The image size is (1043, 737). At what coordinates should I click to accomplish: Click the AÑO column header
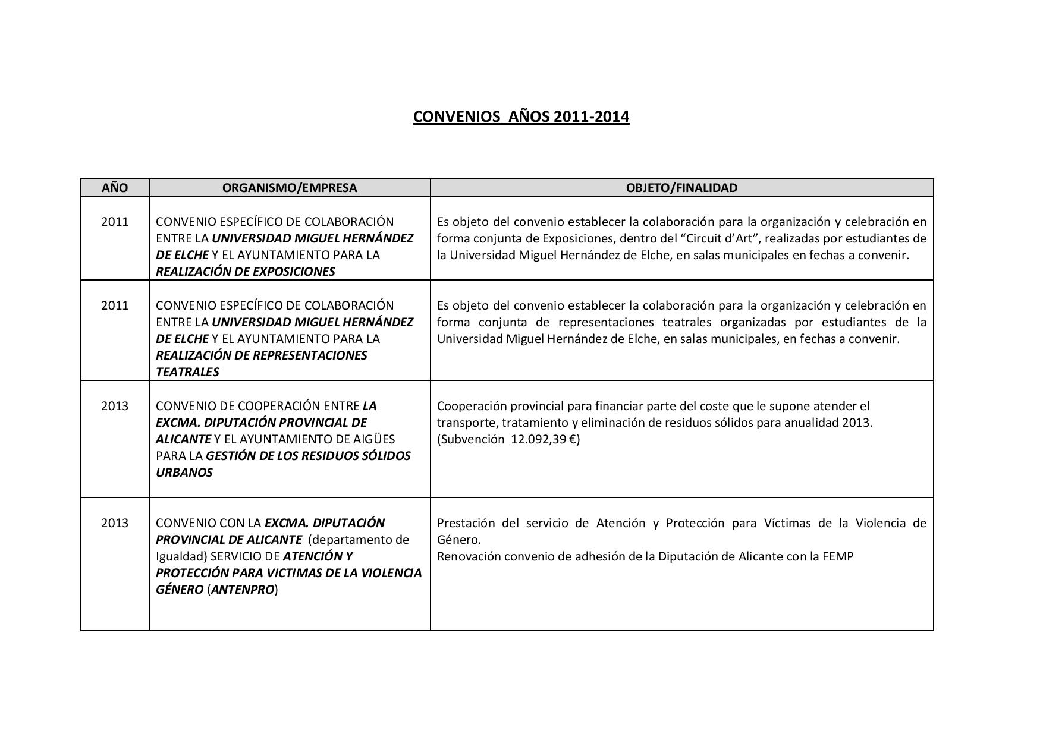pos(115,188)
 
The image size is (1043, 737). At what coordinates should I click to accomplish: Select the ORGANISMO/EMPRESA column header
pos(290,188)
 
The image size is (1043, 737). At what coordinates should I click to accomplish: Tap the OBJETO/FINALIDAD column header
pos(681,188)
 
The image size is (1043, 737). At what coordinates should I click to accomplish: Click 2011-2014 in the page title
pos(591,116)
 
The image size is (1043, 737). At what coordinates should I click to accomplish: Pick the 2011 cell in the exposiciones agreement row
pos(115,222)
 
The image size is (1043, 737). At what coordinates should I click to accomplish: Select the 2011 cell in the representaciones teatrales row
pos(115,305)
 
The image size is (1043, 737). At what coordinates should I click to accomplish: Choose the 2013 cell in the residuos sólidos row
pos(115,406)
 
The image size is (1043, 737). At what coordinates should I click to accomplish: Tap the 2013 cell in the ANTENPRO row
pos(115,523)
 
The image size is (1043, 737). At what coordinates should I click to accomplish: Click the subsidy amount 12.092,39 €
pos(545,439)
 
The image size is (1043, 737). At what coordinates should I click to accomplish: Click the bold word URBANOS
pos(184,473)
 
